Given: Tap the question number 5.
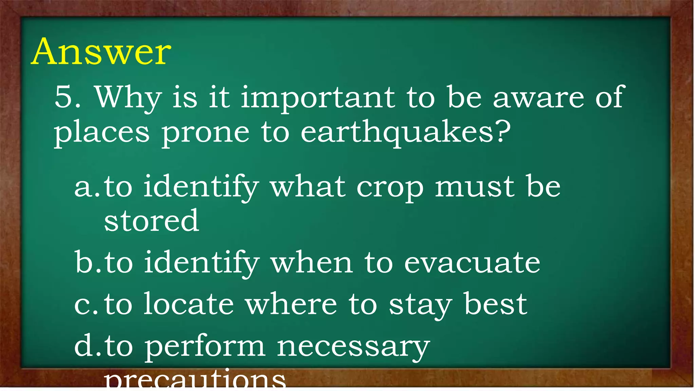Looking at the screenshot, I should coord(67,97).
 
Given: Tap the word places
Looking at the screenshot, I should coord(101,133).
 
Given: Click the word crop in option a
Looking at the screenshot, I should coord(390,188).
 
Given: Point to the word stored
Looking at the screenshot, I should coord(151,221).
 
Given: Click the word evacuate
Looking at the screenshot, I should coord(472,263).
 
